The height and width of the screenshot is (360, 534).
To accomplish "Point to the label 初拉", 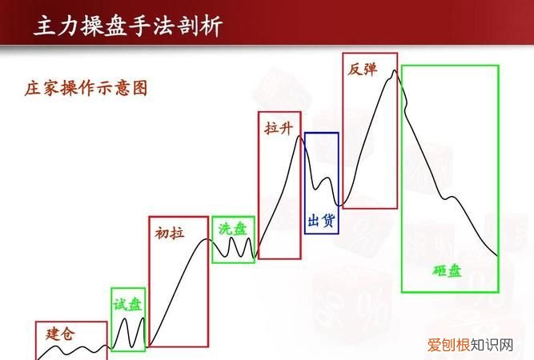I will click(169, 233).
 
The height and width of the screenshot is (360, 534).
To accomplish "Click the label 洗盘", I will click(233, 229).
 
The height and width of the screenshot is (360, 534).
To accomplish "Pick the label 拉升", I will click(279, 128).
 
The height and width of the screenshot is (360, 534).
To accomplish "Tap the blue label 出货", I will click(320, 220).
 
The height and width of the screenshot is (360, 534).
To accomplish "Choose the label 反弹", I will click(362, 68).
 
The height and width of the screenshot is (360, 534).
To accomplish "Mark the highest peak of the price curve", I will click(394, 71).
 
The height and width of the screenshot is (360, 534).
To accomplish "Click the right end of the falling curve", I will click(497, 256).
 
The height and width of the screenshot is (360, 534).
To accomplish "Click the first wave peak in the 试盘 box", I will click(126, 320).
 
